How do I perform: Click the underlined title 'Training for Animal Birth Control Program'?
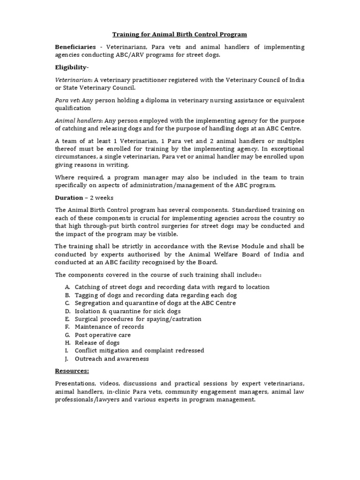click(180, 35)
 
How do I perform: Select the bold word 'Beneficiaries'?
click(75, 47)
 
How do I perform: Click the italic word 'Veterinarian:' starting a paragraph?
click(73, 80)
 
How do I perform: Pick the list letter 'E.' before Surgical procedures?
click(68, 319)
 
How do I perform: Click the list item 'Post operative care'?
click(103, 335)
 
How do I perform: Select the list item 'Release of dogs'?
click(97, 343)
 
